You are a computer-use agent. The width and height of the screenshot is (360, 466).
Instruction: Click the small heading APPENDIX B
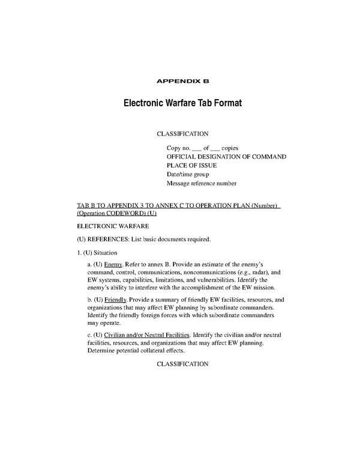tap(182, 80)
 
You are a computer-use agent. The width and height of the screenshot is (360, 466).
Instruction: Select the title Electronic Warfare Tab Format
tap(182, 103)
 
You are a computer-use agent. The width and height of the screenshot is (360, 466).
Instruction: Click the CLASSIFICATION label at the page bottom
tap(182, 364)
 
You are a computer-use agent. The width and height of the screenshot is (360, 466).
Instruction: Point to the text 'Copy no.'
tap(179, 147)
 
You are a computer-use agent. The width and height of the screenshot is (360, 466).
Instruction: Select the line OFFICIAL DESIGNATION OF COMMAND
tap(226, 156)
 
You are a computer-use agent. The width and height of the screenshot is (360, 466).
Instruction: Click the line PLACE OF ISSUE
tap(191, 165)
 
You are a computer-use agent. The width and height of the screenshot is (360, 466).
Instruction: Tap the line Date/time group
tap(188, 174)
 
